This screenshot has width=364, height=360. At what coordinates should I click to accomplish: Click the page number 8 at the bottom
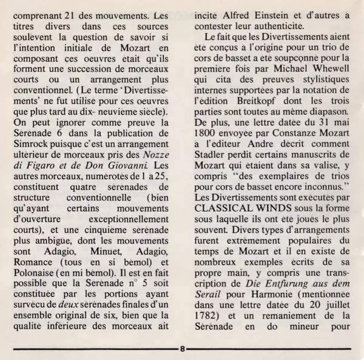point(181,348)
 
